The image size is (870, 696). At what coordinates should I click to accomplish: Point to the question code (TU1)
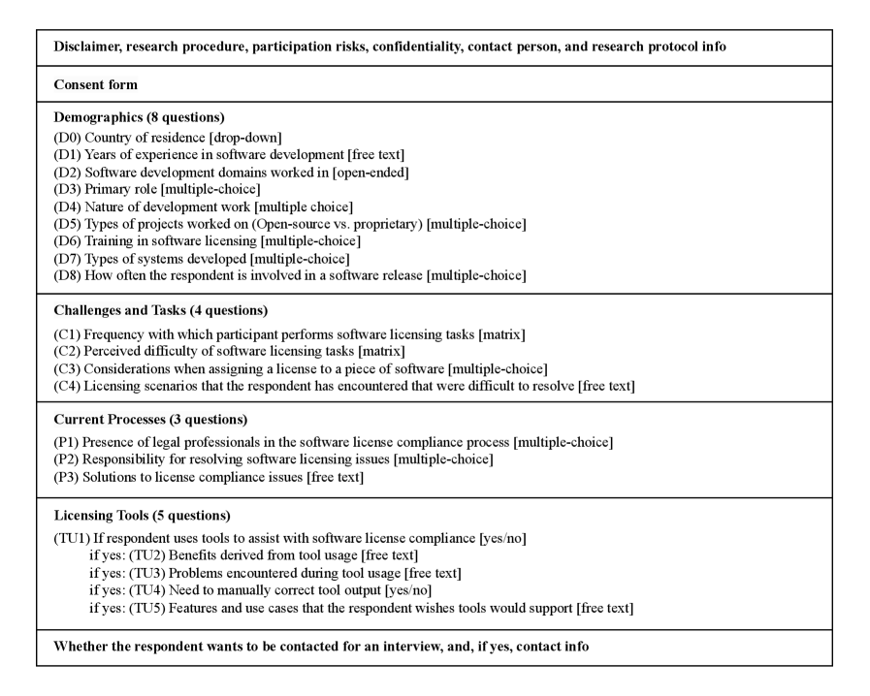[71, 538]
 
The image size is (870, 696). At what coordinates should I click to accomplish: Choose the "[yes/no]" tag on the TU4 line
[408, 590]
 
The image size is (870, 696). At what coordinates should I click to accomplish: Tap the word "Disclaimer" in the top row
[87, 47]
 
